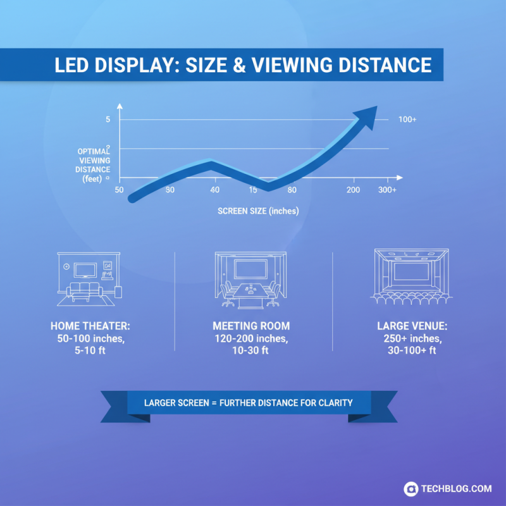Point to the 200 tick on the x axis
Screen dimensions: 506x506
coord(353,190)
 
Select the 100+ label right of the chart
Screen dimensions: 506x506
coord(408,120)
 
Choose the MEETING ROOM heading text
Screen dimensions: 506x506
coord(251,326)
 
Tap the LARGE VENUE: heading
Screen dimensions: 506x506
coord(412,326)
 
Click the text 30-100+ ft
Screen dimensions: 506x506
coord(412,350)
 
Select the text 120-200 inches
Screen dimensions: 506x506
coord(251,338)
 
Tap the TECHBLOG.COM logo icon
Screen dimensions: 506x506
coord(412,488)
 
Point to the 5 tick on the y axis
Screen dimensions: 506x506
coord(108,120)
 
